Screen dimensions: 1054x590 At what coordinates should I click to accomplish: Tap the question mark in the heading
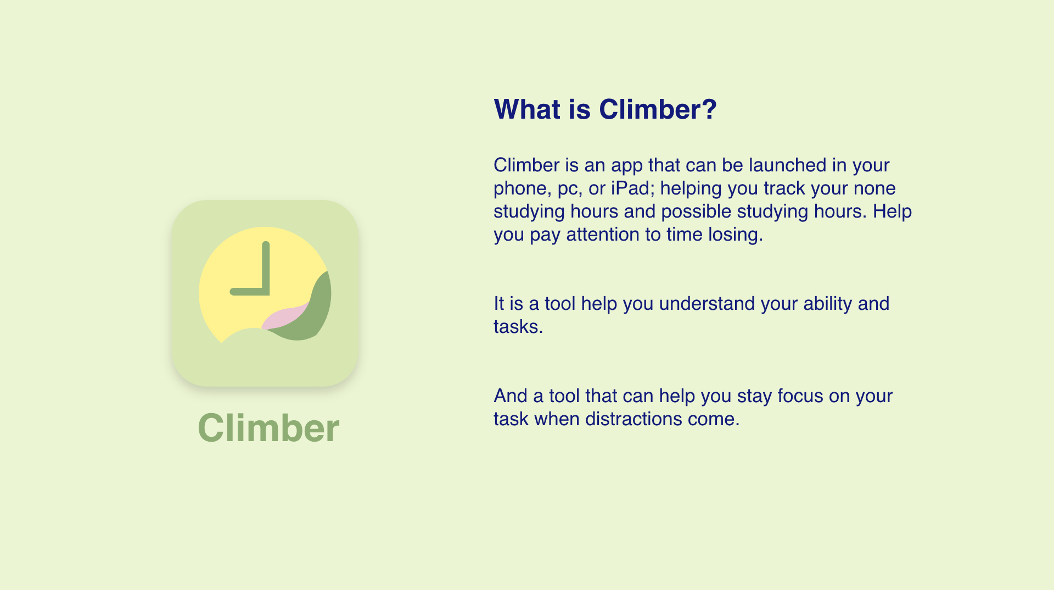point(709,109)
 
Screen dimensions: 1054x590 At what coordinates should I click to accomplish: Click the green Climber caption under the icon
point(268,427)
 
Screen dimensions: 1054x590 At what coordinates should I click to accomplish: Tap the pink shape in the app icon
point(285,316)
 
